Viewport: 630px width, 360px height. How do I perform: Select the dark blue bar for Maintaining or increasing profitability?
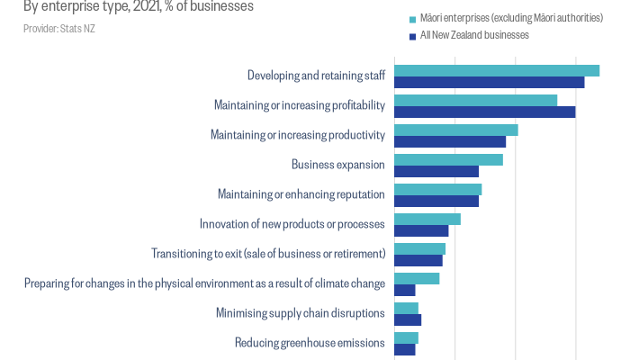(x=485, y=112)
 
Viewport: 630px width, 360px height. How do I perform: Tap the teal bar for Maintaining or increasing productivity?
(x=456, y=130)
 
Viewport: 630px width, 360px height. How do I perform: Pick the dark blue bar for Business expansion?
(x=436, y=171)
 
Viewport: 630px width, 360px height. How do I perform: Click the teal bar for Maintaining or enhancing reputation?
(x=438, y=189)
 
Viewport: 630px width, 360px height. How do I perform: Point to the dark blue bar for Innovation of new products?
(x=421, y=230)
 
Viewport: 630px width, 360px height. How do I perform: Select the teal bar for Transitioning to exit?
(x=420, y=248)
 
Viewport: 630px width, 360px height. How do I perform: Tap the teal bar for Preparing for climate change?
(x=417, y=278)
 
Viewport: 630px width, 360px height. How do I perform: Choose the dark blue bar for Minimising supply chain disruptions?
(x=408, y=319)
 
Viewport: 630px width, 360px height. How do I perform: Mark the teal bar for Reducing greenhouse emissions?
(x=407, y=337)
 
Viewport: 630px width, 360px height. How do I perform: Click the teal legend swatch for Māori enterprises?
(x=412, y=18)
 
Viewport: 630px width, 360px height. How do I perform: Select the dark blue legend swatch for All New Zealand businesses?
(x=412, y=35)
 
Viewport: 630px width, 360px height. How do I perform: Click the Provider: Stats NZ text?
(x=59, y=29)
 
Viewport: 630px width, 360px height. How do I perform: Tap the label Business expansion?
(x=338, y=165)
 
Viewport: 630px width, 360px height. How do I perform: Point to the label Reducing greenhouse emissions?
(x=310, y=343)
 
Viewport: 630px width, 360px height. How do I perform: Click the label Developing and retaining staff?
(x=316, y=76)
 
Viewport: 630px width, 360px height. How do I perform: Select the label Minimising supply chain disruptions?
(x=301, y=313)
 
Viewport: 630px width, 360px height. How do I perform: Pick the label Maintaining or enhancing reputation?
(x=301, y=194)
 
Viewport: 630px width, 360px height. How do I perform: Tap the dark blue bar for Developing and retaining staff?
(x=490, y=82)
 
